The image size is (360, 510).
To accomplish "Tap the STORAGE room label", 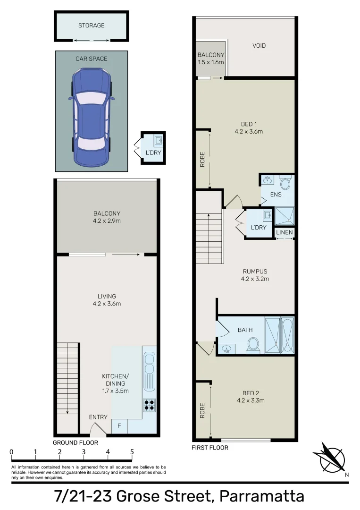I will point(91,25).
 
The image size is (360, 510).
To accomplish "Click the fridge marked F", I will point(119,426).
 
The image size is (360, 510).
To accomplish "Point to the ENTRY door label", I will point(98,417).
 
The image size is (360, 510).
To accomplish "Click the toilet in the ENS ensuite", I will point(285,183).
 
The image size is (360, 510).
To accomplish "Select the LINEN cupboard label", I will point(285,232).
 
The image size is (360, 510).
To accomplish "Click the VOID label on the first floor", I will point(259,46).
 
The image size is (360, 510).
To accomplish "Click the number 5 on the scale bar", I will point(132,452).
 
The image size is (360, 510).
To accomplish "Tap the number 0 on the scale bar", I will point(11,452).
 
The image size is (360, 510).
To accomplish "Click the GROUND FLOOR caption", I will point(75,442).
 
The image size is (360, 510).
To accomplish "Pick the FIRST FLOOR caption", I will point(210,447).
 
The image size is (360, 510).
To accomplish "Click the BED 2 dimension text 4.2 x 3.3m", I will point(251,400).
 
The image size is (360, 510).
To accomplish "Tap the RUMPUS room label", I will point(255,272).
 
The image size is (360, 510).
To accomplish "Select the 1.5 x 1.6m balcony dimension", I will point(211,62).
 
